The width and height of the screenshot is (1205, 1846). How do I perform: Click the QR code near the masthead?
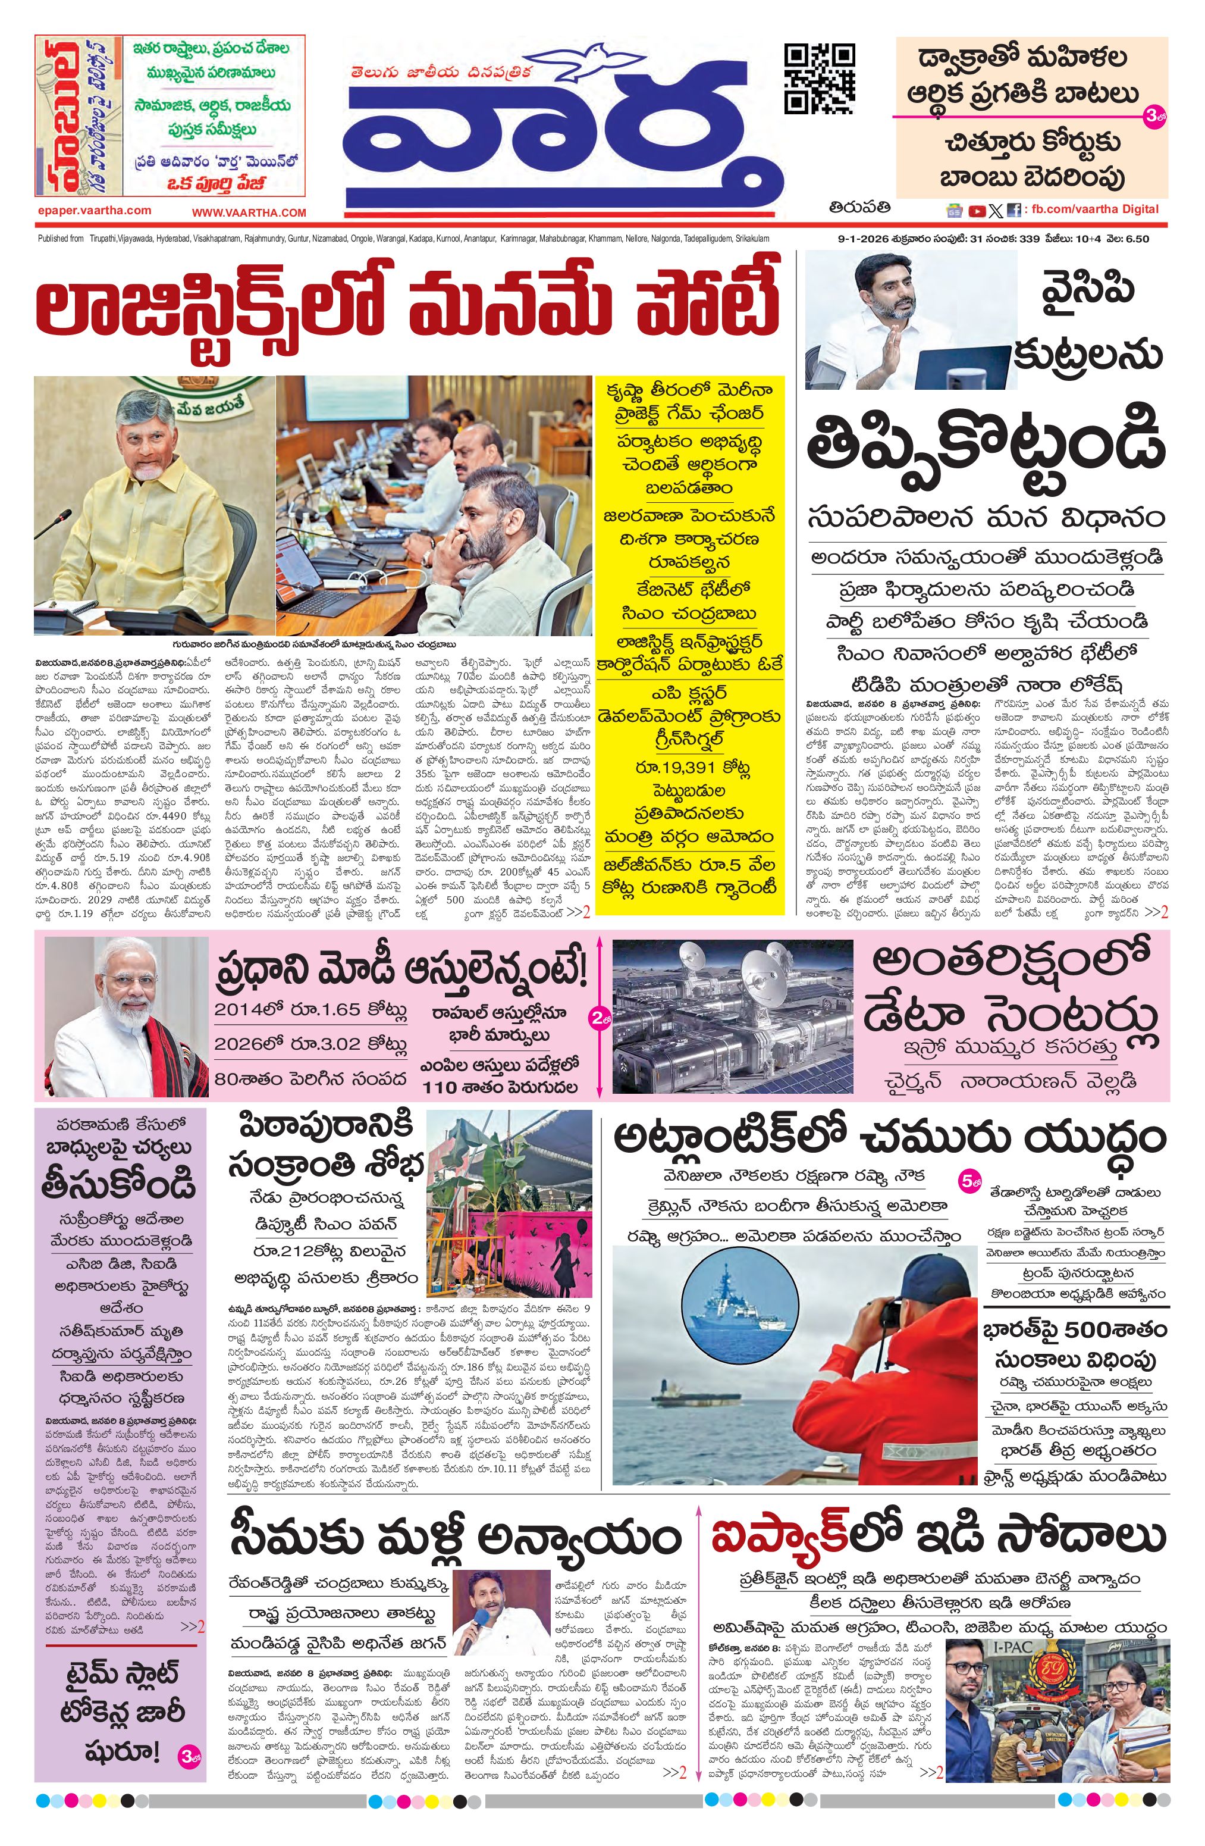click(819, 79)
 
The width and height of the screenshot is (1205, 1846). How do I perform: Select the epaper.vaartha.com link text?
click(94, 210)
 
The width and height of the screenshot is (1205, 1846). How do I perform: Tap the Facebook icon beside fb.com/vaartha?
click(1013, 210)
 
